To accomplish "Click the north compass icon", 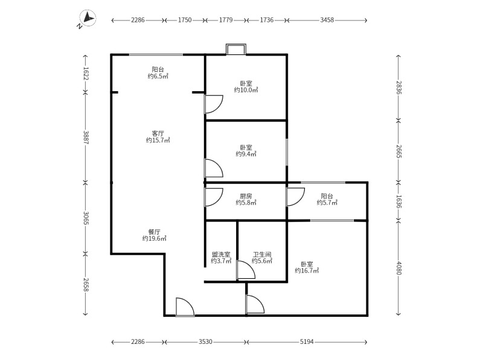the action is (x=88, y=18).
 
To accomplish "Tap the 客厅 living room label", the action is (x=158, y=133).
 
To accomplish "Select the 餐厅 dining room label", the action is (x=155, y=232).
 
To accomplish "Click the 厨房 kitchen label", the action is (x=246, y=196).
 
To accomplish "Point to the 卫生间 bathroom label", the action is (x=262, y=255).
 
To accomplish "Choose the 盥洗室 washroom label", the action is (x=221, y=255).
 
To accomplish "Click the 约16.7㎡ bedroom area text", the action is (x=307, y=271).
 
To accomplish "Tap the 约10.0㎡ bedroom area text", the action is (x=246, y=90).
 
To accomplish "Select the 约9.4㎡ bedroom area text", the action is (x=246, y=154).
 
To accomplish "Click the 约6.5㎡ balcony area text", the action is (x=158, y=77).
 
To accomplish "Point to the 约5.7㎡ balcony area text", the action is (x=327, y=203).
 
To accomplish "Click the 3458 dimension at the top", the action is (x=327, y=20).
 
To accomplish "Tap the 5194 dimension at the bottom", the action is (x=307, y=341).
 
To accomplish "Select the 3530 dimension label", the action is (x=205, y=341).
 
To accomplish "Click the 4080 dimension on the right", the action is (x=399, y=268).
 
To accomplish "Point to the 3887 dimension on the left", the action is (x=86, y=138).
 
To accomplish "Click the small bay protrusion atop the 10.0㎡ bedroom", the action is (x=236, y=49).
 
